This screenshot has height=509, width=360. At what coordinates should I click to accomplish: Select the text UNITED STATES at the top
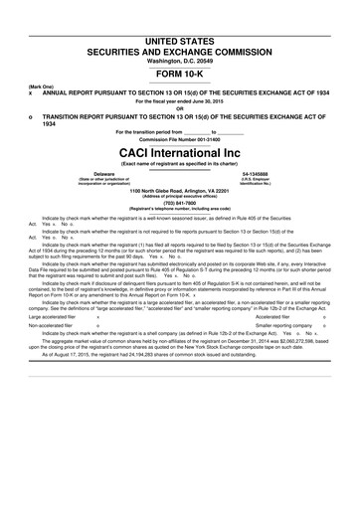point(180,38)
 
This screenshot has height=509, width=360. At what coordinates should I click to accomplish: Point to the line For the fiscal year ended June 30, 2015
point(180,100)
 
